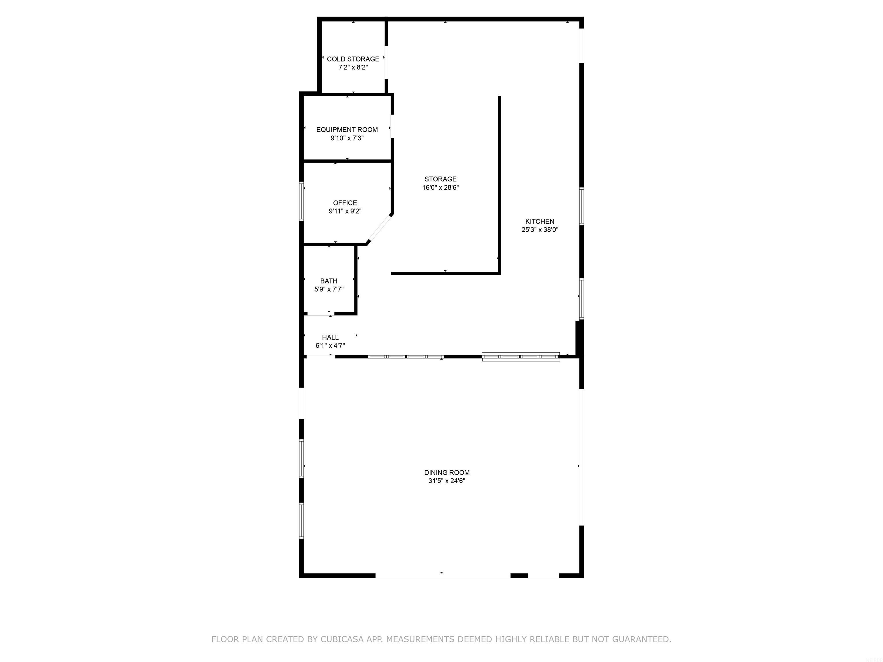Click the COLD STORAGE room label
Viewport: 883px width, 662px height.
coord(353,59)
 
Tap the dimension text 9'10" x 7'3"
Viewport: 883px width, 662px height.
coord(347,138)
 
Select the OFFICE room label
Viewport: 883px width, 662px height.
coord(345,203)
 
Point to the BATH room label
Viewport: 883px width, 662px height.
coord(329,281)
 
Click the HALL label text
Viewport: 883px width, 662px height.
coord(330,337)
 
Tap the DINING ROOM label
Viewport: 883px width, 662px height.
coord(447,472)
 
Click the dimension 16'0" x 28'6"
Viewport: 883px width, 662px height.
coord(440,188)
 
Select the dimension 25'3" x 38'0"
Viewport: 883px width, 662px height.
coord(540,230)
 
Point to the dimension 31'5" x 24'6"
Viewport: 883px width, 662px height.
coord(447,481)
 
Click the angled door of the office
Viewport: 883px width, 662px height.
coord(380,229)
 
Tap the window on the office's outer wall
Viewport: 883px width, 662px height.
coord(302,201)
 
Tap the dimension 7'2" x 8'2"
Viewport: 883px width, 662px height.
coord(353,68)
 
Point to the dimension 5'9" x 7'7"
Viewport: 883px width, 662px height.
coord(329,289)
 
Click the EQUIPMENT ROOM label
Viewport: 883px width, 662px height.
coord(347,130)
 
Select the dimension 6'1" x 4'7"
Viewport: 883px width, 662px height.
coord(330,346)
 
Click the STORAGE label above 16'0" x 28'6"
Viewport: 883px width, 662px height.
coord(440,179)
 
